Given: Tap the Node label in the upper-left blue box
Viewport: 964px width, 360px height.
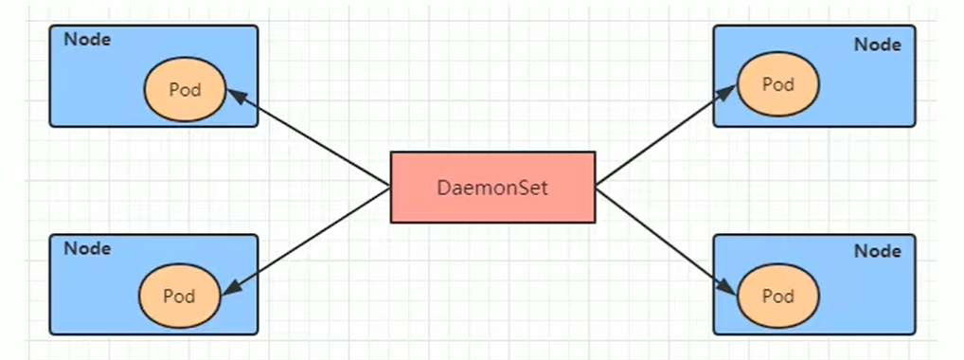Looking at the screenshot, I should click(x=87, y=40).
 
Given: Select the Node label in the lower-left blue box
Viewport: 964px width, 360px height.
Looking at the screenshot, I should click(x=87, y=248).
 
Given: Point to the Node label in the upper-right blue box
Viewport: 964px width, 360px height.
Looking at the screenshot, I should click(x=878, y=44).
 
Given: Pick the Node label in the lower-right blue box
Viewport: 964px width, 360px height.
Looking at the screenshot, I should click(x=878, y=251).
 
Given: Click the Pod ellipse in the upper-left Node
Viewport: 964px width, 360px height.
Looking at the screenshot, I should click(x=185, y=90).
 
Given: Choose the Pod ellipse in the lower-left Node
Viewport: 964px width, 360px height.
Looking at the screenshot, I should click(x=179, y=296).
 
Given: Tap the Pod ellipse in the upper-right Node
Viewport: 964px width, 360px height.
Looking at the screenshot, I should click(x=777, y=84).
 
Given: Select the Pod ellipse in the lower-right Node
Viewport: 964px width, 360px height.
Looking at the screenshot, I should click(x=777, y=296).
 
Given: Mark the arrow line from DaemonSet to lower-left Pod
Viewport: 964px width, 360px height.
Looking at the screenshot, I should click(x=308, y=236).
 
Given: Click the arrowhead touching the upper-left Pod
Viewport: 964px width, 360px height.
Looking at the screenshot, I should click(x=237, y=95).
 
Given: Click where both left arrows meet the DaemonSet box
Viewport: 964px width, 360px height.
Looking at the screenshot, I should click(x=391, y=188).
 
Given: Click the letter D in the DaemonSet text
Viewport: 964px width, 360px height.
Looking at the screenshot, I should click(x=444, y=188).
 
